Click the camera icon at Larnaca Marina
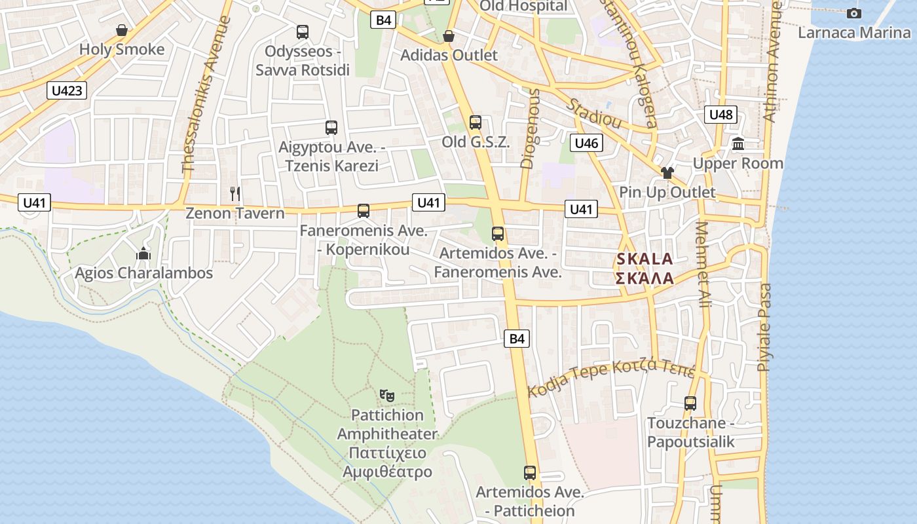(854, 13)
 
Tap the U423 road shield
(67, 90)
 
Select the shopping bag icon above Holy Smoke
(121, 30)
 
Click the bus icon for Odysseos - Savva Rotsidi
(302, 31)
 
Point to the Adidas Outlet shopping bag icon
(449, 36)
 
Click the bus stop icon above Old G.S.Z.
(476, 122)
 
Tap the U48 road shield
(720, 115)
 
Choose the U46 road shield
(586, 143)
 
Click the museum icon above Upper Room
(738, 143)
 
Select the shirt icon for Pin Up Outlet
(667, 173)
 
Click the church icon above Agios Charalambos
(143, 253)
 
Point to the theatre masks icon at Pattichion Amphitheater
(387, 395)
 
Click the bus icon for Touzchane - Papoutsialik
(690, 403)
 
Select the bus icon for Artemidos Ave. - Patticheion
(530, 472)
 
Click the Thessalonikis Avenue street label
(207, 94)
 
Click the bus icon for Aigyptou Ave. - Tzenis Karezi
(331, 128)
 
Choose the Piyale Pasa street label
(764, 327)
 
